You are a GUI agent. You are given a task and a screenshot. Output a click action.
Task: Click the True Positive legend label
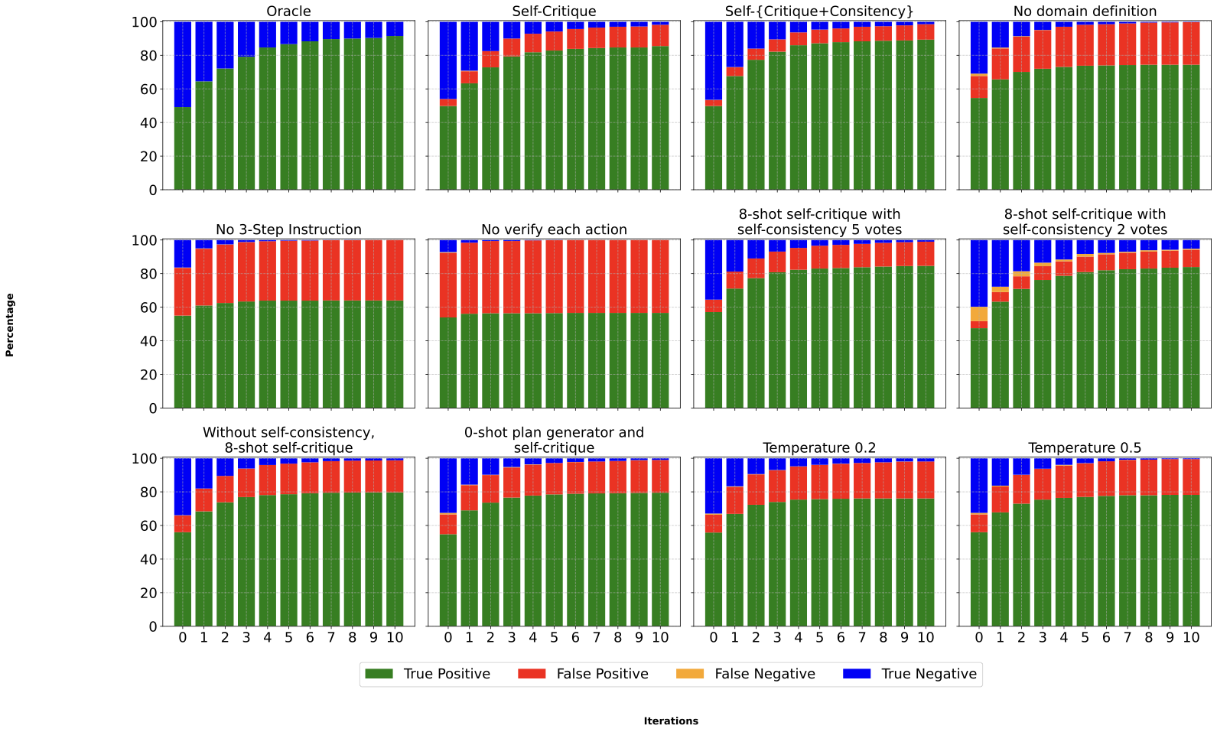click(447, 674)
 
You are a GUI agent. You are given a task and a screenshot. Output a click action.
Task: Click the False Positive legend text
click(602, 674)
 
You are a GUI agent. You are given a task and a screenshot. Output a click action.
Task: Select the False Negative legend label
click(764, 674)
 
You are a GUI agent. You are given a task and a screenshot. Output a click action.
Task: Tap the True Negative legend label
click(929, 674)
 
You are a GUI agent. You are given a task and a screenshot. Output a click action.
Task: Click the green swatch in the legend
click(379, 674)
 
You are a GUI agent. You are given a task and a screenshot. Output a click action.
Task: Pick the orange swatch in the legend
click(690, 674)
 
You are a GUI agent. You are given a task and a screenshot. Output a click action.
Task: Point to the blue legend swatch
click(857, 674)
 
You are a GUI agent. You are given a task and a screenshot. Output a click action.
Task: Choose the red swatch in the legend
click(532, 674)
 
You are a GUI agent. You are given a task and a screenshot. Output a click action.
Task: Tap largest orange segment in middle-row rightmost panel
click(979, 314)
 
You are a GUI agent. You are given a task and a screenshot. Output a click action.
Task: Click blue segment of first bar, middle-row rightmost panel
click(979, 273)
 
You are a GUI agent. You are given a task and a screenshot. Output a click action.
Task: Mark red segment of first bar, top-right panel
click(979, 87)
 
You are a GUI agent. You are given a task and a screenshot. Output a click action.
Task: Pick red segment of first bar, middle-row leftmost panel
click(183, 291)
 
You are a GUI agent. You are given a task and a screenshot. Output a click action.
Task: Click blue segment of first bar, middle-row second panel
click(448, 246)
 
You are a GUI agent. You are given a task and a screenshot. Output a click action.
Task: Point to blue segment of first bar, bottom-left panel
click(183, 486)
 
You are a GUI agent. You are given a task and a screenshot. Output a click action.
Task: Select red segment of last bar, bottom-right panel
click(1191, 477)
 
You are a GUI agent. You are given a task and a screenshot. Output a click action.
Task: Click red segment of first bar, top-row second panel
click(448, 102)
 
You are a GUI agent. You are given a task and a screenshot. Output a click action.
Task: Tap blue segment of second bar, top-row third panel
click(734, 44)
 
